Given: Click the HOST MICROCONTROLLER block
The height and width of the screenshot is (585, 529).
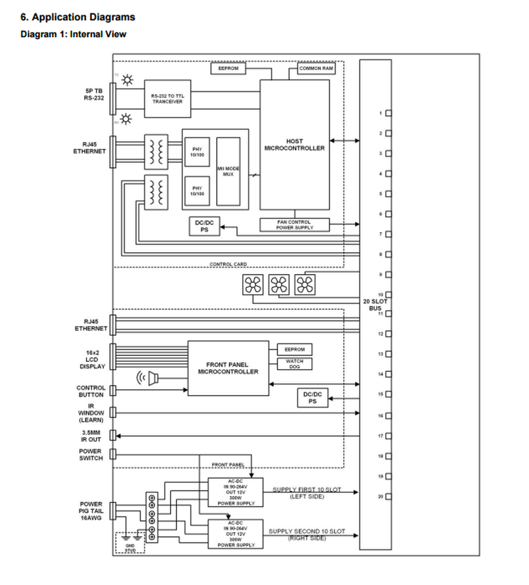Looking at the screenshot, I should [294, 145].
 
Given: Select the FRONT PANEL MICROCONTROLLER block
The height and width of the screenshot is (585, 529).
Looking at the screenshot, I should [228, 368].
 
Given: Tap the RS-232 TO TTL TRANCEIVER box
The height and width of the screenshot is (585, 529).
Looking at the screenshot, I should [167, 99].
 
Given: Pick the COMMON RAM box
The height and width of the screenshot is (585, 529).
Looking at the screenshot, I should [316, 69].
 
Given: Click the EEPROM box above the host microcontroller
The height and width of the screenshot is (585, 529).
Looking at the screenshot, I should [228, 69].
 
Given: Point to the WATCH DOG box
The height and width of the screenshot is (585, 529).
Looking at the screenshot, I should [294, 364].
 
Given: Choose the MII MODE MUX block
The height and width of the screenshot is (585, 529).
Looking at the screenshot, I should [228, 171].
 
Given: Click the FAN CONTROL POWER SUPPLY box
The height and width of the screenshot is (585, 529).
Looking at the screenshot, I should [294, 225].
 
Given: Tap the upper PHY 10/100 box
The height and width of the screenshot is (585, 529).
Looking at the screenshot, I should [197, 152].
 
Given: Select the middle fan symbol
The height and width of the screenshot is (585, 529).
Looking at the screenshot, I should [279, 285].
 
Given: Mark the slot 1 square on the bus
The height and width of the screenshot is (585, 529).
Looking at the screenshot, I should [388, 114].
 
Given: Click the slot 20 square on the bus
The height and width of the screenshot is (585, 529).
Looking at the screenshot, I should [388, 497].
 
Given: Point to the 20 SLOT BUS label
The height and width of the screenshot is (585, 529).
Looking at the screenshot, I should [375, 305].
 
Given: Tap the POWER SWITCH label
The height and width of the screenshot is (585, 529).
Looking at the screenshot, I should [91, 455].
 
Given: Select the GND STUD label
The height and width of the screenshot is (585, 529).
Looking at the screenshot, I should [130, 548].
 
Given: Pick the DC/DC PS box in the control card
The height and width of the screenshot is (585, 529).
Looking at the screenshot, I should [204, 226].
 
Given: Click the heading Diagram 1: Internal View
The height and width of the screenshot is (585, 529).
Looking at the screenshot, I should [73, 34].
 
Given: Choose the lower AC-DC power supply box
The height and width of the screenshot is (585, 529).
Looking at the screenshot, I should [236, 534].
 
